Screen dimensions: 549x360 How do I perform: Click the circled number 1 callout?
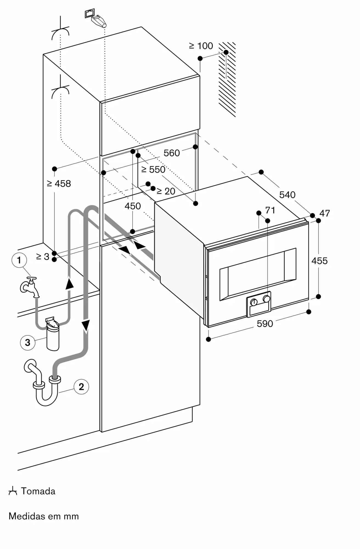(19, 260)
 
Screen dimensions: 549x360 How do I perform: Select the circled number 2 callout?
(81, 387)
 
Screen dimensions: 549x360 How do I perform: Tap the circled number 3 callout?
(27, 342)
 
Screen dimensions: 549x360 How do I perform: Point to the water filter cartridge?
(53, 335)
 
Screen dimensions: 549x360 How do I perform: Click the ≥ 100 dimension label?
(201, 46)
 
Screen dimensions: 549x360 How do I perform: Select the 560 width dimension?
(171, 153)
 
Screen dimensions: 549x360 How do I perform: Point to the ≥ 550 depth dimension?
(153, 170)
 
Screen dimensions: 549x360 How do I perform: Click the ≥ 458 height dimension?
(59, 183)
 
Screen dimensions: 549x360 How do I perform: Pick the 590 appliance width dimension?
(265, 324)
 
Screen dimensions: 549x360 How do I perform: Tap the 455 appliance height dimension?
(319, 261)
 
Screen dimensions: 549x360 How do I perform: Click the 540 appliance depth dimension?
(287, 195)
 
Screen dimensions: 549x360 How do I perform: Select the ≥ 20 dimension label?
(166, 191)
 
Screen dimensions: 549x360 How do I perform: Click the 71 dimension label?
(270, 210)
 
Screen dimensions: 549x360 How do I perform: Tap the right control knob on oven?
(266, 299)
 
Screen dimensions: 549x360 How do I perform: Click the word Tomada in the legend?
(38, 491)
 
